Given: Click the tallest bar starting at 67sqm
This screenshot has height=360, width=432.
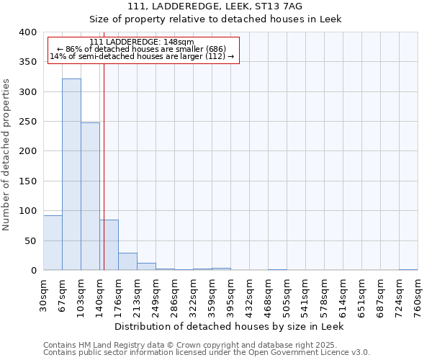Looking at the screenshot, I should point(71,174).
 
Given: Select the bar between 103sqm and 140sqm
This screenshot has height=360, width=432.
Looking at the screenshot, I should point(90,197).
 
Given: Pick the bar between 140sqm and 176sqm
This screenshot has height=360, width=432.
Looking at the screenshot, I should point(109,245).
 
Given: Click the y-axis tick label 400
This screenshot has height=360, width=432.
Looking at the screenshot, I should point(27,32).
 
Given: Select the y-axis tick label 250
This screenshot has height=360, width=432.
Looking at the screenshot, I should point(27,122).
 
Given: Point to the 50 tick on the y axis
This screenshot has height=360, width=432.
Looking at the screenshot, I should point(30,240).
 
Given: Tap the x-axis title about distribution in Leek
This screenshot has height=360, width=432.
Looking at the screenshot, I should point(230,326).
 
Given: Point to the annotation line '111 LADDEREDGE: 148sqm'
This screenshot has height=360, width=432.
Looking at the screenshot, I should point(142,42).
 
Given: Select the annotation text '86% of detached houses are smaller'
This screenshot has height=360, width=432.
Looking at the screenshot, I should point(142,49).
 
